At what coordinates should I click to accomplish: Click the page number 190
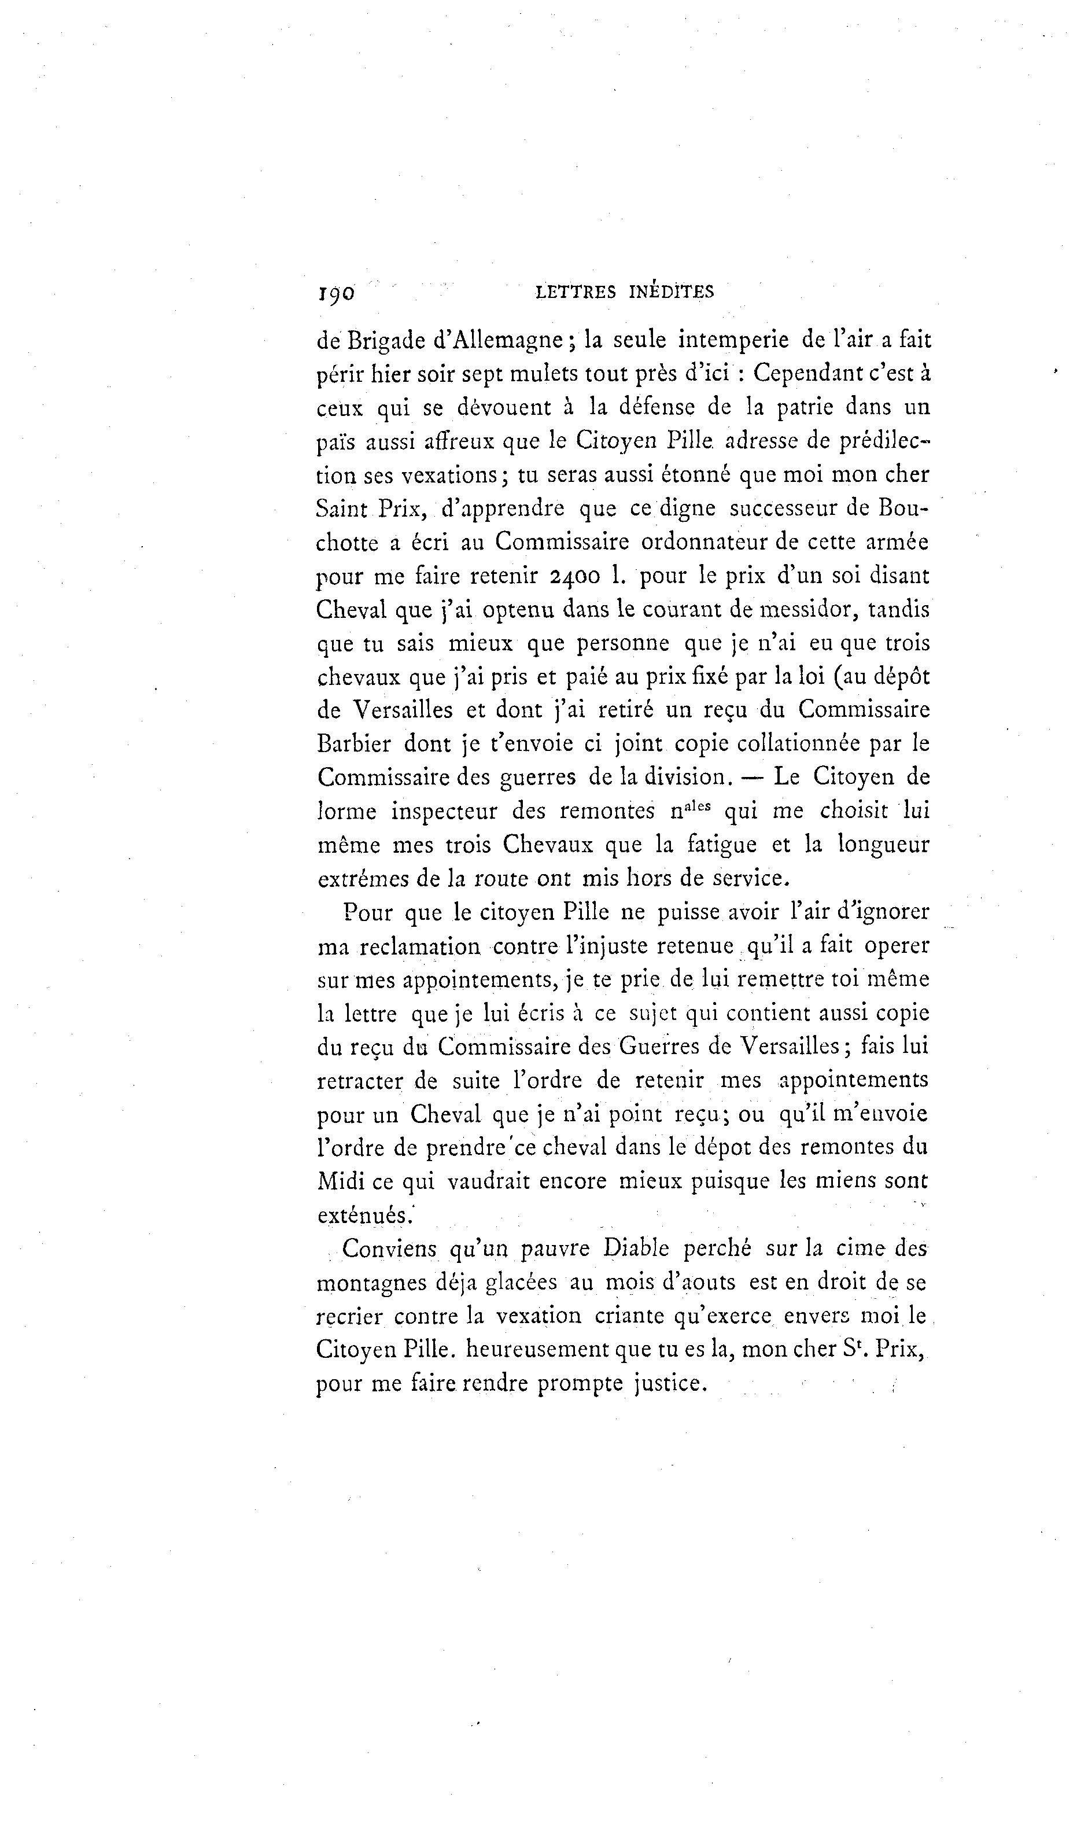click(336, 294)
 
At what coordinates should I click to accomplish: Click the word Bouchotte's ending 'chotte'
click(348, 543)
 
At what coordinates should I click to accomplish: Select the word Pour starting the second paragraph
click(367, 913)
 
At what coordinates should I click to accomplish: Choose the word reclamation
click(420, 946)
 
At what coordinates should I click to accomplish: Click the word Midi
click(340, 1181)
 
